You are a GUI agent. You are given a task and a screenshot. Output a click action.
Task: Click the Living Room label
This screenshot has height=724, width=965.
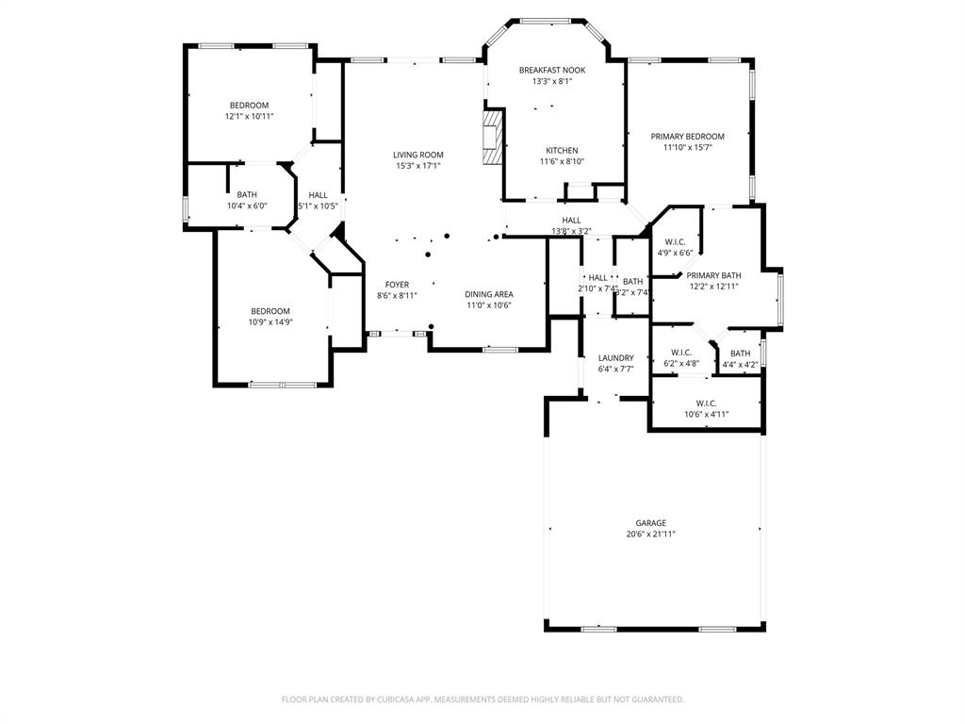pos(417,155)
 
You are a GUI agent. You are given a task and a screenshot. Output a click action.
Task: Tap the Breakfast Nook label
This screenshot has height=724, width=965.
pos(551,70)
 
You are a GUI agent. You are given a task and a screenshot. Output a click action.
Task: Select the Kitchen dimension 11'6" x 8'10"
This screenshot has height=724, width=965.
pos(562,162)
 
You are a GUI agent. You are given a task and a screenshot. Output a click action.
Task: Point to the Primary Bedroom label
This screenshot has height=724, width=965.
pos(687,137)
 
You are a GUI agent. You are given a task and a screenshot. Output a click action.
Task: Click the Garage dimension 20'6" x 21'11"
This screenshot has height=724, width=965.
pos(650,535)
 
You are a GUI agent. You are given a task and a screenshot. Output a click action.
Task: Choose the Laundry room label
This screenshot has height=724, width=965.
pos(615,358)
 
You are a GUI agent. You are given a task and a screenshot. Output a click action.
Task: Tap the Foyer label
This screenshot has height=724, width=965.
pos(397,285)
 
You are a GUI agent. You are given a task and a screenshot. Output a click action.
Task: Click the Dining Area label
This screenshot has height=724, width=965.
pos(488,294)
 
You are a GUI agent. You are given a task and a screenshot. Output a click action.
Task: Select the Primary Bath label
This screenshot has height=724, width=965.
pos(713,275)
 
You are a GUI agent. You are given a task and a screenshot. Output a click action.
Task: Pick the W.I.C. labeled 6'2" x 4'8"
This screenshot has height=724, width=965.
pos(681,353)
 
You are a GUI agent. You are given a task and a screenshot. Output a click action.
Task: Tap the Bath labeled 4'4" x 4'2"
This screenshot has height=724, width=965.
pos(740,354)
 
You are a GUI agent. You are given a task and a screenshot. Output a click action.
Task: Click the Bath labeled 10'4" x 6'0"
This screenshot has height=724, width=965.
pos(246,195)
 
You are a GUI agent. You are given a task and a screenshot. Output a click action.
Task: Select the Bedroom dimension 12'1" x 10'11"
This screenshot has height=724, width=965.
pos(249,117)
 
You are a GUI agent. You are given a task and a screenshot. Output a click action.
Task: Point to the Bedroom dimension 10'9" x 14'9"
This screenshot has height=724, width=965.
pos(270,322)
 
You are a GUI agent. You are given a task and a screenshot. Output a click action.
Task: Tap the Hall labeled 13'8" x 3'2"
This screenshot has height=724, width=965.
pos(571,221)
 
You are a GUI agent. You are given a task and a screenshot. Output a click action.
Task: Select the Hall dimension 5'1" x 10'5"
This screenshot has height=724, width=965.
pos(319,206)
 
